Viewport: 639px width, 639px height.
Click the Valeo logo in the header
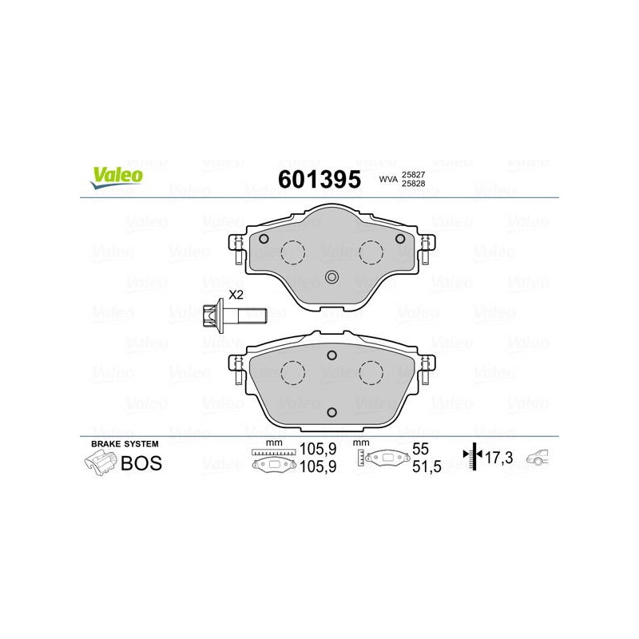pyautogui.click(x=117, y=178)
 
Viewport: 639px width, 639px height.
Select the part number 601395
pyautogui.click(x=319, y=179)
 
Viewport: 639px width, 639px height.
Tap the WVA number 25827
pyautogui.click(x=413, y=174)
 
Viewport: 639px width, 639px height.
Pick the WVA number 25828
pyautogui.click(x=413, y=184)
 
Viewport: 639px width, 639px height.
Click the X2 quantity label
pyautogui.click(x=236, y=295)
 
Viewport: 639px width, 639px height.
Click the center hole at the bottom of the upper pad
pyautogui.click(x=331, y=277)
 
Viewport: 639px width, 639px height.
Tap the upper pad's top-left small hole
pyautogui.click(x=264, y=239)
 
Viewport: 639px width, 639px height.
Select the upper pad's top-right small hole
pyautogui.click(x=400, y=239)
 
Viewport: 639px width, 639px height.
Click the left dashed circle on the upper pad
pyautogui.click(x=293, y=252)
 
